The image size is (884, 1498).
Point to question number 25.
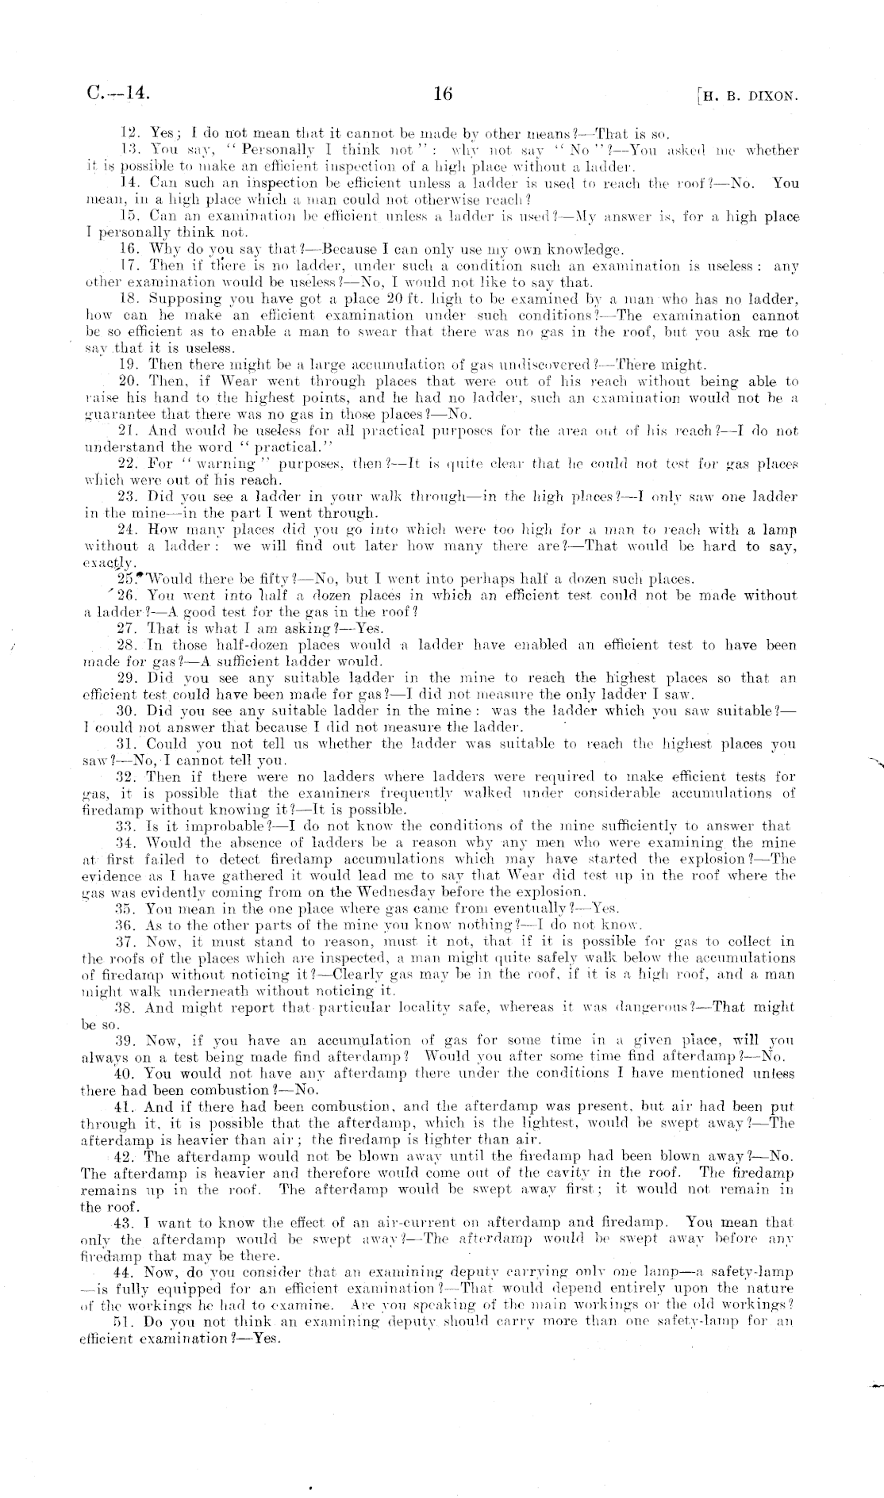point(126,579)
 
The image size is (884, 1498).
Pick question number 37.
point(125,941)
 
